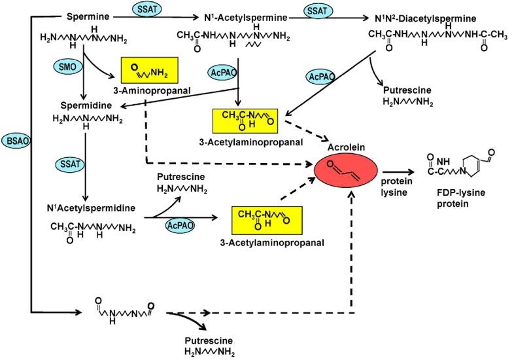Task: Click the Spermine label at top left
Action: click(x=88, y=17)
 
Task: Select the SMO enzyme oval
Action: click(x=67, y=67)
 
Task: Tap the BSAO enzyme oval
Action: click(x=16, y=141)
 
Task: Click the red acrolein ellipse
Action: click(x=346, y=170)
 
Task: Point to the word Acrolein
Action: click(x=347, y=147)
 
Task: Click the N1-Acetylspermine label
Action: click(x=245, y=17)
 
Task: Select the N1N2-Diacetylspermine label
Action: click(x=425, y=18)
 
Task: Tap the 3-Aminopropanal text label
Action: click(x=152, y=90)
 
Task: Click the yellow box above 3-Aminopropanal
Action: click(x=150, y=70)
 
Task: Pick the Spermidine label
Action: click(x=86, y=105)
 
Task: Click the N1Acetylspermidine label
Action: click(x=91, y=207)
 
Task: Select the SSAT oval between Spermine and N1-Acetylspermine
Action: click(x=147, y=10)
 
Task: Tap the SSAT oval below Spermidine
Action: click(x=70, y=164)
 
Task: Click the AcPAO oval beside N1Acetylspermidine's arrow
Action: click(x=180, y=225)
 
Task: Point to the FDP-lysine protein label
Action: click(x=456, y=198)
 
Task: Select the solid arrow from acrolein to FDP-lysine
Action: click(x=398, y=171)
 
